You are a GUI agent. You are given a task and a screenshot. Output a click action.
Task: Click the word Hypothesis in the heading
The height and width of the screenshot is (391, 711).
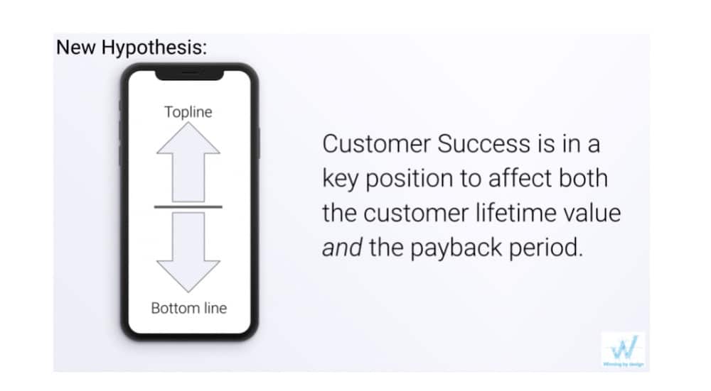[154, 48]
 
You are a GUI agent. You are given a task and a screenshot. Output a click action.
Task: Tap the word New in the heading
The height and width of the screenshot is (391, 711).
[76, 47]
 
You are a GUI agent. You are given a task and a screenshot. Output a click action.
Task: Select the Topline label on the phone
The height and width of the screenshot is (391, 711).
[188, 112]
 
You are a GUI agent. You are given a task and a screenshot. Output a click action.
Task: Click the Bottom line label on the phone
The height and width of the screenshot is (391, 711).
[188, 308]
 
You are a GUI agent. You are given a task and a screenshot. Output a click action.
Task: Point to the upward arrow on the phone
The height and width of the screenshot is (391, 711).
[188, 163]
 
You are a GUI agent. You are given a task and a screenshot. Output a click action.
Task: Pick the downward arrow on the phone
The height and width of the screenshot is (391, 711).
[188, 252]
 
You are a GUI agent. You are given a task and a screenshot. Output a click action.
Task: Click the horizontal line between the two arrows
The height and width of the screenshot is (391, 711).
[188, 206]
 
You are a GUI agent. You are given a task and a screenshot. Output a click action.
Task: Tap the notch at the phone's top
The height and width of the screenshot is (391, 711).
[190, 75]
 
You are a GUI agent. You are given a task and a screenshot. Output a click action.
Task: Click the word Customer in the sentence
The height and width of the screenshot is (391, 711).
[377, 144]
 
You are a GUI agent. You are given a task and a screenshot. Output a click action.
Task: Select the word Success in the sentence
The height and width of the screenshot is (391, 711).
[483, 144]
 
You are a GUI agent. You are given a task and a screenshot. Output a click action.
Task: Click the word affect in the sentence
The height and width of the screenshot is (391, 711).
[520, 178]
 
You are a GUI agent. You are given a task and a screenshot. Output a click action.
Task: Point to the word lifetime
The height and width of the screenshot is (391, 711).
[515, 212]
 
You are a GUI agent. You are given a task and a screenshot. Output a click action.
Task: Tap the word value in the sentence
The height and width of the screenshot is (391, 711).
[592, 213]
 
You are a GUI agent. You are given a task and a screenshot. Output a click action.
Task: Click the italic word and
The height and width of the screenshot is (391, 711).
[342, 248]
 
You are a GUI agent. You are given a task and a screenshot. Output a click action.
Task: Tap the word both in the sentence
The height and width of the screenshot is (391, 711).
[583, 178]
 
